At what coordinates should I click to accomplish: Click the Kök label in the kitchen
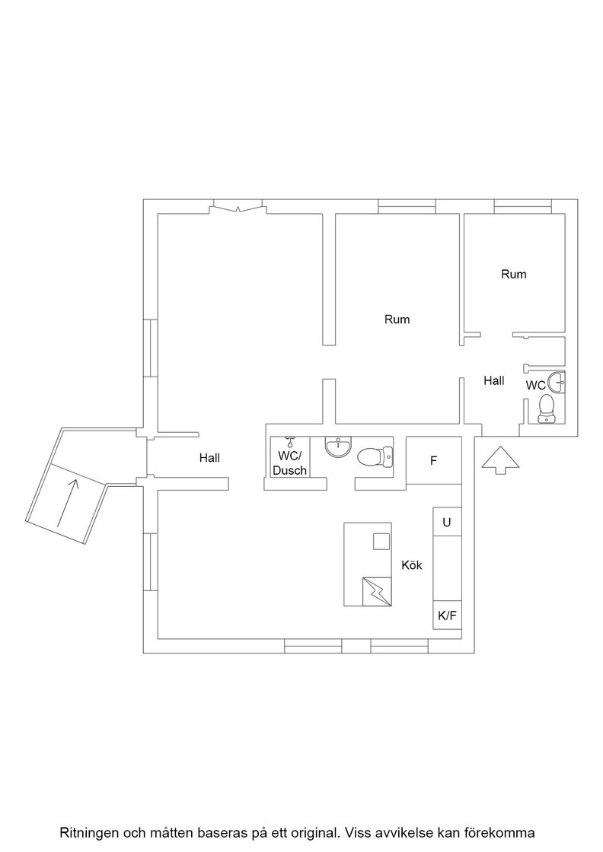point(412,565)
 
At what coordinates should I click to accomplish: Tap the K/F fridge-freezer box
point(447,615)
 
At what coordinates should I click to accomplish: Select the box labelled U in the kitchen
point(447,522)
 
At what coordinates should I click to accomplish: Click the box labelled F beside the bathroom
point(434,461)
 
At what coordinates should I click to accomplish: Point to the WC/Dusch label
point(290,463)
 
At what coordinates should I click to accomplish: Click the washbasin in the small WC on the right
point(557,383)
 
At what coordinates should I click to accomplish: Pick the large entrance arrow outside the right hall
point(500,461)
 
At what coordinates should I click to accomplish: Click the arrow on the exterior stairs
point(66,503)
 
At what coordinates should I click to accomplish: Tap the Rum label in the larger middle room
point(397,319)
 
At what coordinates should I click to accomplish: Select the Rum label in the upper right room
point(514,275)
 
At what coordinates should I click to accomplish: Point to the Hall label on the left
point(209,458)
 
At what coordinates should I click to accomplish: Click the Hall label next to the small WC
point(493,381)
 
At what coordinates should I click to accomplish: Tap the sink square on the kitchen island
point(381,541)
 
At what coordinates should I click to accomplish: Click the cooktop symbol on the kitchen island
point(377,591)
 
